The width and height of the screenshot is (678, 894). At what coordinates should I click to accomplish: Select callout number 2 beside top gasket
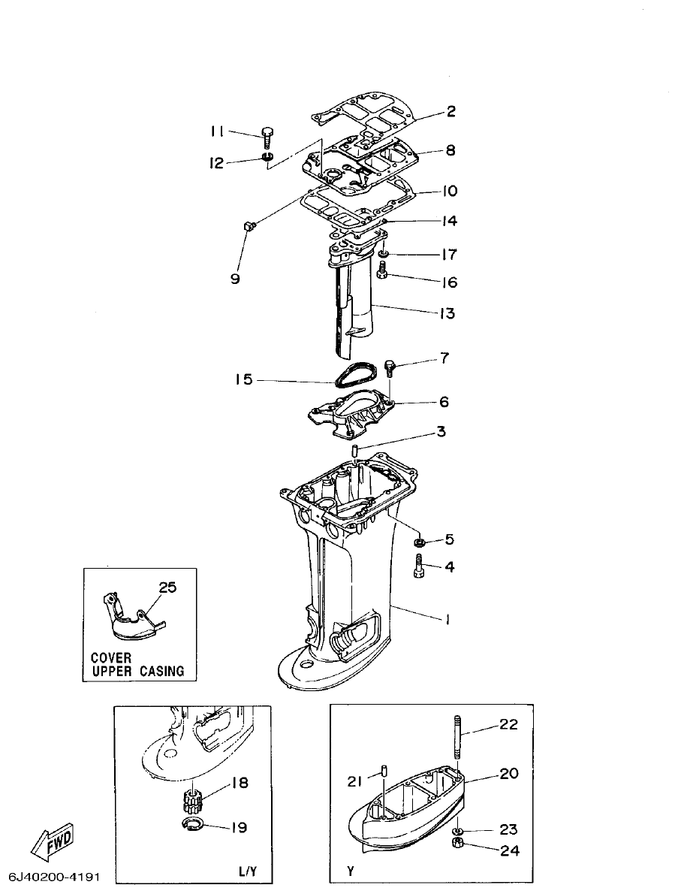click(450, 112)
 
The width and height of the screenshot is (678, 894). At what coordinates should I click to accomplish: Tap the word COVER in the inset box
click(111, 657)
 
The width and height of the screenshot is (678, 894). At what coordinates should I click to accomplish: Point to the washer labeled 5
click(420, 542)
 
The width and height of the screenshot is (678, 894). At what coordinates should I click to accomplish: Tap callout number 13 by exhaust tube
click(447, 313)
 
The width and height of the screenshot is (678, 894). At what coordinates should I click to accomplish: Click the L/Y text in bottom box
click(248, 871)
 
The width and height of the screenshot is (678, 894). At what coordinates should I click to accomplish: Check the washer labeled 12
click(267, 158)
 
